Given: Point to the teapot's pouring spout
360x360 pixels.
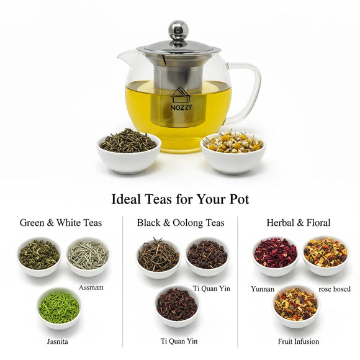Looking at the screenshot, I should tap(126, 58).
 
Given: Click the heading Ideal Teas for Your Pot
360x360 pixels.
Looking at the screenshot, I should tap(180, 199).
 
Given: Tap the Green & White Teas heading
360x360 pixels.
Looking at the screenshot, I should tap(61, 222).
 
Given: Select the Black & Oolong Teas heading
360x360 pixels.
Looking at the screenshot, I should tap(181, 222).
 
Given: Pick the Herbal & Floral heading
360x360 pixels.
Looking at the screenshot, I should tap(298, 222).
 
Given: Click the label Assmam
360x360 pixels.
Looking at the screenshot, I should tap(91, 287).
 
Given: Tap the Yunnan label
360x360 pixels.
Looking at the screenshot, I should tap(263, 289).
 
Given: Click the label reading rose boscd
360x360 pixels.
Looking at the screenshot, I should tap(335, 289).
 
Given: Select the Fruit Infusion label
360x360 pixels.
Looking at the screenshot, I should tap(299, 341).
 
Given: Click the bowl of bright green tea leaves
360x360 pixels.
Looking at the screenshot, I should tap(59, 307).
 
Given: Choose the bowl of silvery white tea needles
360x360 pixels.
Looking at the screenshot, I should tap(88, 256).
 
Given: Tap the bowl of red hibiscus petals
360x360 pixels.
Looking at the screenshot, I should tap(275, 255).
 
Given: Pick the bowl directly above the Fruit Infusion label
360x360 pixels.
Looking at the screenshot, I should tap(295, 305).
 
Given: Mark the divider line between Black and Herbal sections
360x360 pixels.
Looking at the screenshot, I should tap(239, 279).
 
